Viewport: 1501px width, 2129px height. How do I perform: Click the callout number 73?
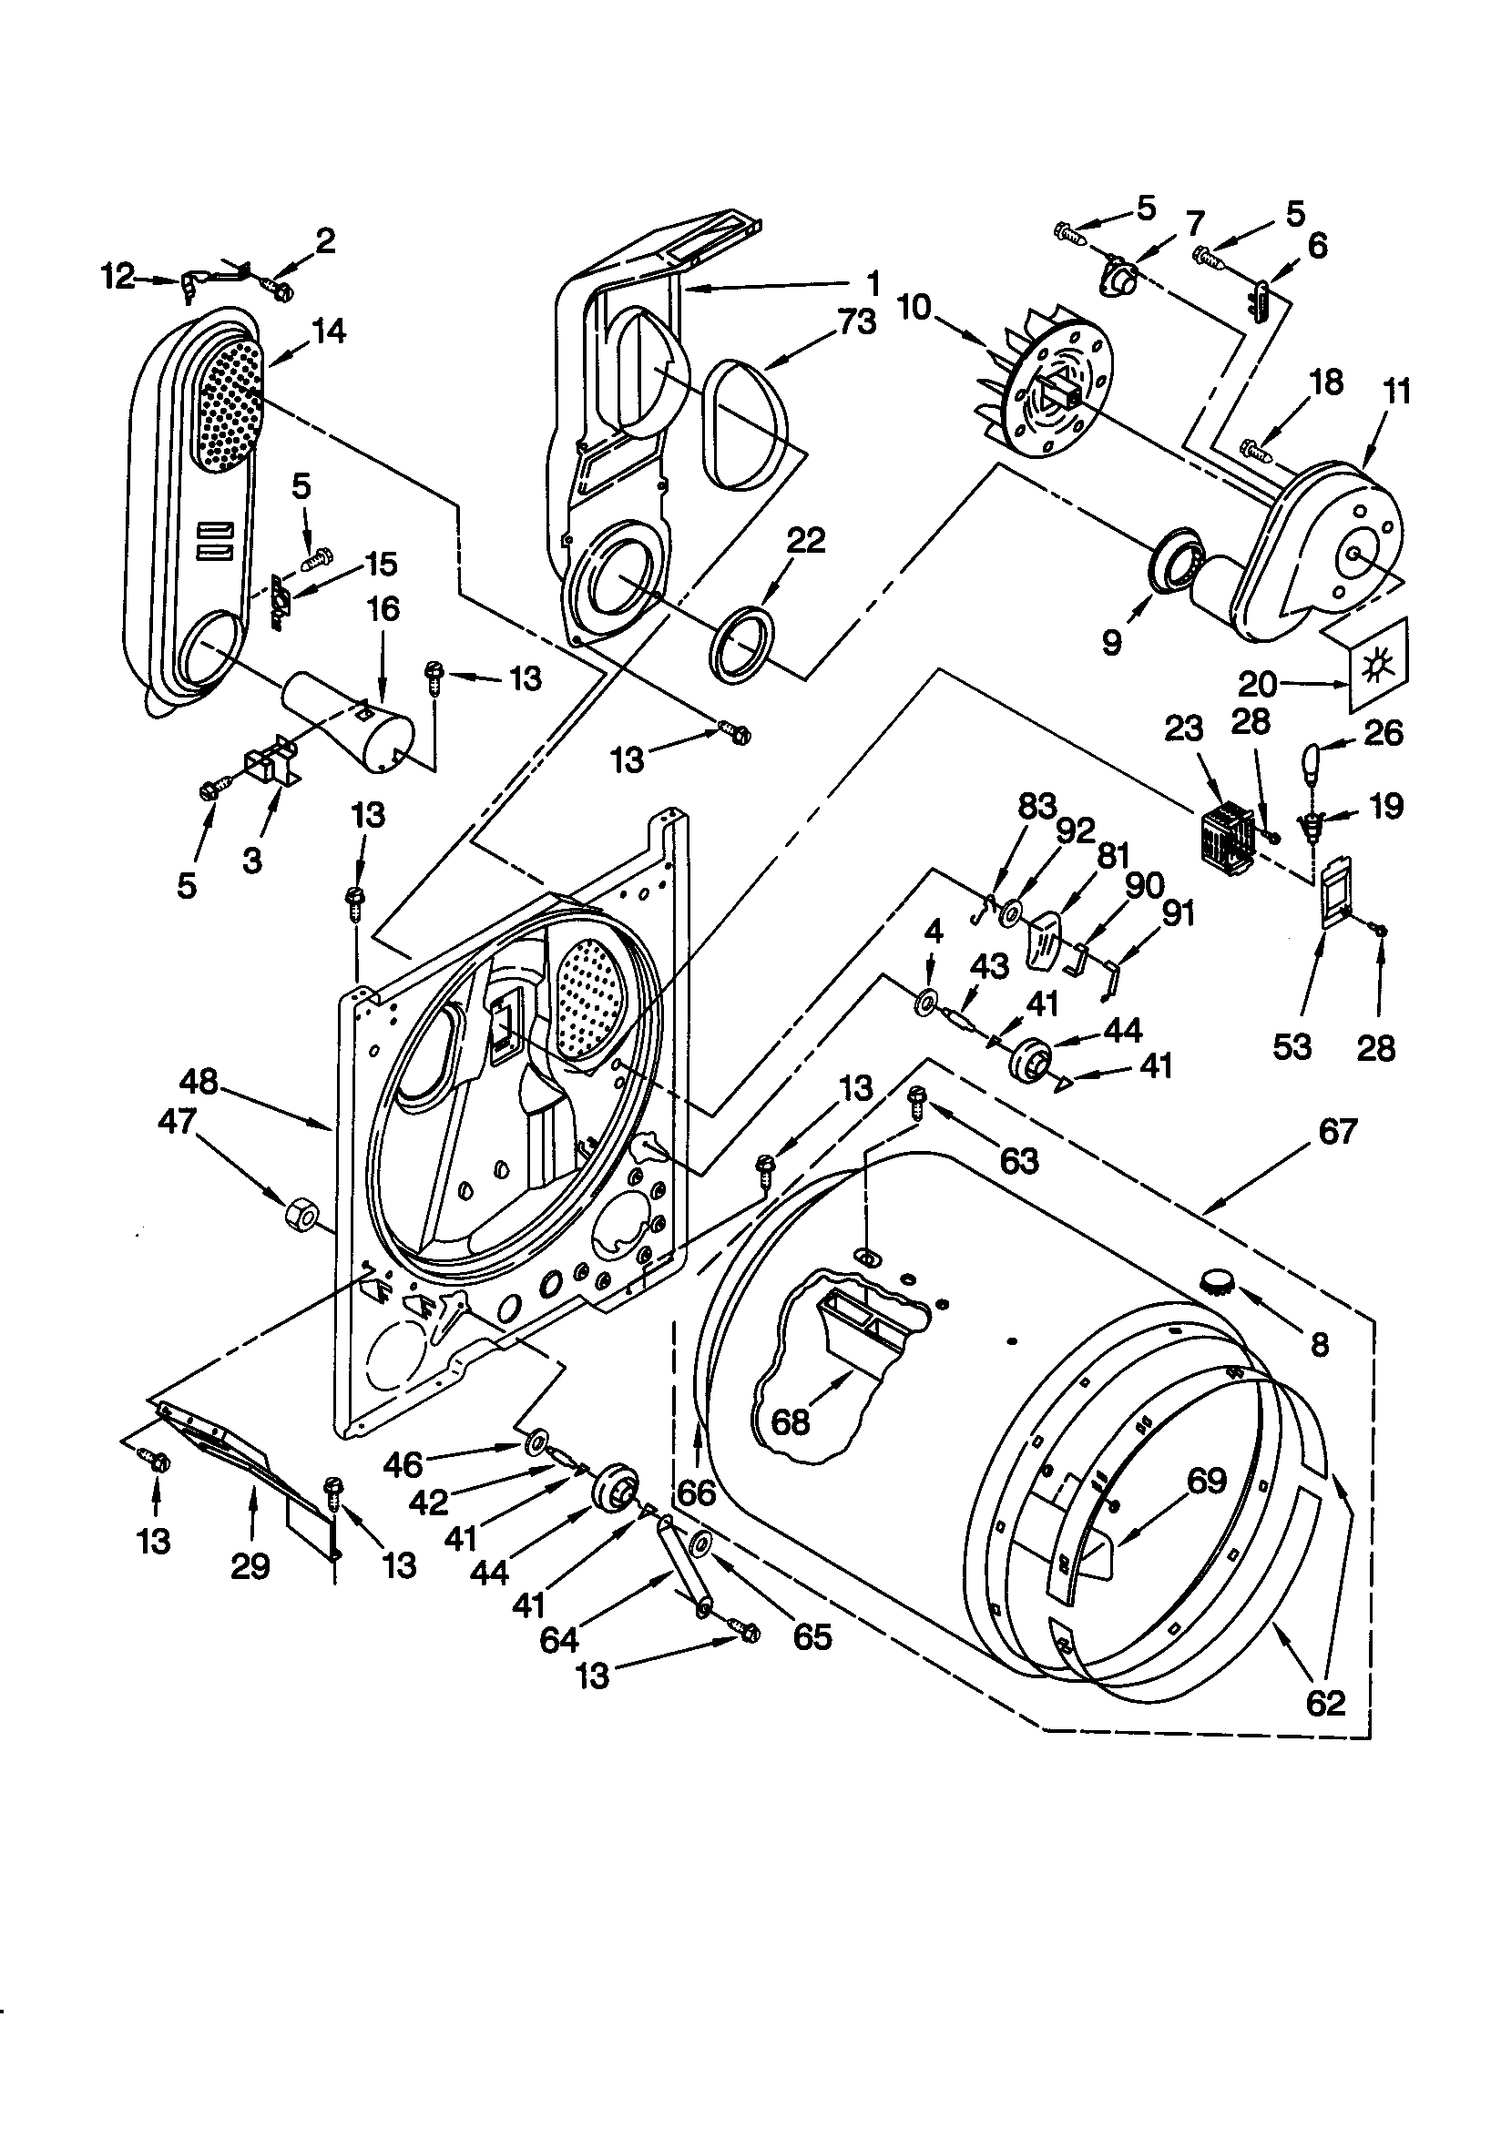tap(855, 321)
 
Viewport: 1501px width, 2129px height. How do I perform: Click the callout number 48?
tap(199, 1081)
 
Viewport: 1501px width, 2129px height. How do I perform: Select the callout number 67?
tap(1337, 1131)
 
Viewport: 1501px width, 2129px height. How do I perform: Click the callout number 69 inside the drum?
tap(1206, 1481)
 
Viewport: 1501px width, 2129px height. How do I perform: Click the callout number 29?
tap(250, 1566)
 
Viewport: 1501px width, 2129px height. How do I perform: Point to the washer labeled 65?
tap(701, 1543)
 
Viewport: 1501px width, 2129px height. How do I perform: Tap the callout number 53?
tap(1292, 1047)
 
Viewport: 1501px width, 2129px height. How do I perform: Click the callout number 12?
tap(117, 275)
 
